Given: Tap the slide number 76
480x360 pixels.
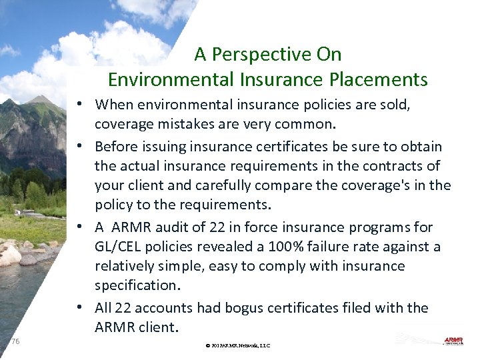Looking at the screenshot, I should (15, 341).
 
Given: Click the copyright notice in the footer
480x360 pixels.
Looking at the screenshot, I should (238, 345).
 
